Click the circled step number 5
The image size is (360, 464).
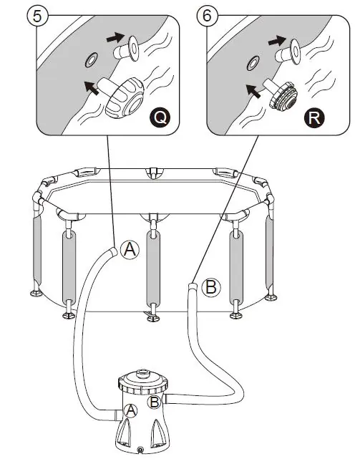[37, 16]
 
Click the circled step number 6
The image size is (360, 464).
[207, 16]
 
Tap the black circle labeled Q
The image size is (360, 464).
[160, 117]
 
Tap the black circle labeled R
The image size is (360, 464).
[314, 117]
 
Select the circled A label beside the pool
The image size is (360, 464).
[130, 249]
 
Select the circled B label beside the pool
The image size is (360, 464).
[211, 287]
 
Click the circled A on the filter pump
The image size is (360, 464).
[130, 411]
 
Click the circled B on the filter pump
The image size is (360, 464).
[155, 402]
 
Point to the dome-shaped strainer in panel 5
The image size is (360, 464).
[125, 98]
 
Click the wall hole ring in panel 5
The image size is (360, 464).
[90, 60]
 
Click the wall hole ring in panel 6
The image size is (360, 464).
[253, 63]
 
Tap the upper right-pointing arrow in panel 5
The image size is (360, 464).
[115, 37]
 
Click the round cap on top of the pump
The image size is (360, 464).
[143, 372]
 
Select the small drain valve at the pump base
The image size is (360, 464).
[140, 450]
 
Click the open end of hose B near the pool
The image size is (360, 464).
[193, 286]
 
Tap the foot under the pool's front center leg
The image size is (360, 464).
[153, 319]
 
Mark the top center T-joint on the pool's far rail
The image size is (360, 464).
[153, 173]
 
